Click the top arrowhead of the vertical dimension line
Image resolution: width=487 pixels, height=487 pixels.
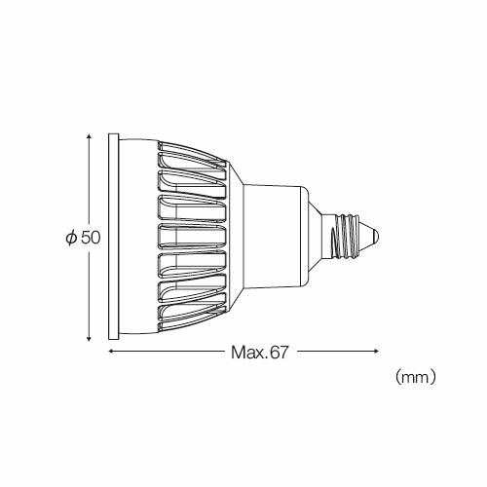point(90,137)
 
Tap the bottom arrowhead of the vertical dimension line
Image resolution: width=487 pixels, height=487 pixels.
point(90,337)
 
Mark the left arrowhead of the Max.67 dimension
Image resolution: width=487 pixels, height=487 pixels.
point(109,351)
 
